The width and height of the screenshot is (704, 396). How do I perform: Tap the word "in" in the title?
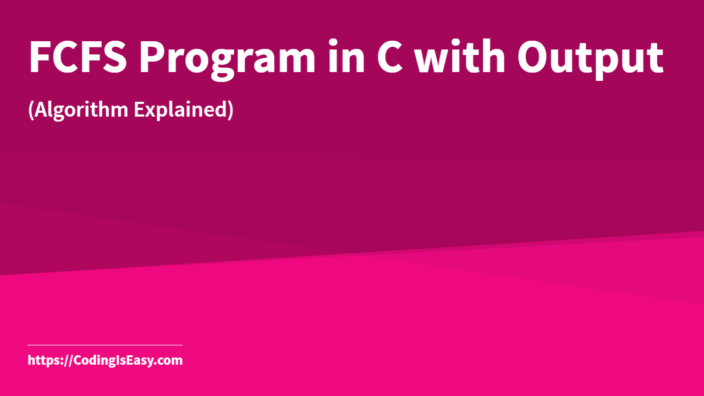point(346,57)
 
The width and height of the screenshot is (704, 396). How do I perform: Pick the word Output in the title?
point(590,57)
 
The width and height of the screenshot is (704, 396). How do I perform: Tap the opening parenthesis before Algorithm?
point(31,110)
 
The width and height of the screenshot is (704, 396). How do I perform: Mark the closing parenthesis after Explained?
point(230,110)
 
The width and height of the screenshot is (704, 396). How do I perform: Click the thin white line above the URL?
point(105,345)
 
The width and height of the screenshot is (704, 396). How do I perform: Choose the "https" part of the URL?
point(43,361)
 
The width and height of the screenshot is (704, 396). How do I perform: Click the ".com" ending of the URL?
point(169,361)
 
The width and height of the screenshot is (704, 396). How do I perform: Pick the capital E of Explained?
point(139,109)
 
